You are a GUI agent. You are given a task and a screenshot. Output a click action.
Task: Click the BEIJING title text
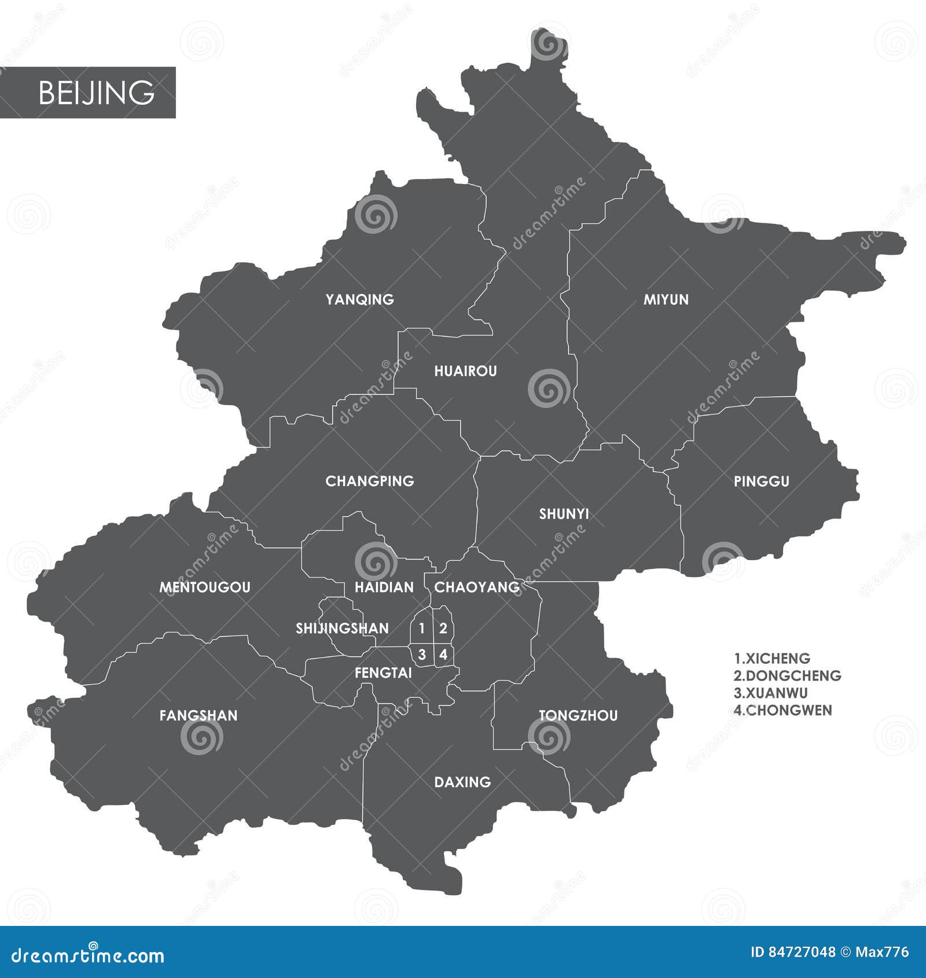[x=96, y=93]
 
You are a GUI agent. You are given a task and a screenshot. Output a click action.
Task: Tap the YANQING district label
[x=359, y=299]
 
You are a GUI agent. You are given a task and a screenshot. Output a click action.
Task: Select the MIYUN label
[x=666, y=299]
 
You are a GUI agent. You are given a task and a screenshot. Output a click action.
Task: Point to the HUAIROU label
[x=465, y=371]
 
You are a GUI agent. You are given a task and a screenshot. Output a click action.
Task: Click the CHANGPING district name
[x=370, y=481]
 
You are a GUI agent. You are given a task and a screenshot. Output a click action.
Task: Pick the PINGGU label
[x=761, y=481]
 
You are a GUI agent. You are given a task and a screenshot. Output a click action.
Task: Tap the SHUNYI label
[x=564, y=514]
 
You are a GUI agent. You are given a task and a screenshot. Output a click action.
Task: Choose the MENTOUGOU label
[x=205, y=587]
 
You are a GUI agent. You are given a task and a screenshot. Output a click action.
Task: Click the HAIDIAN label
[x=384, y=587]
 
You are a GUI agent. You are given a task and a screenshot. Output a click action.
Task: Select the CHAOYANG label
[x=477, y=587]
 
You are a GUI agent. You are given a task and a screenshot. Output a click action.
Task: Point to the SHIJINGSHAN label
[x=342, y=628]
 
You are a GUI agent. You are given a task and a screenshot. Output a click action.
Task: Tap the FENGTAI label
[x=383, y=673]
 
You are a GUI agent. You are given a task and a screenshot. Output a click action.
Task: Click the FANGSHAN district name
[x=199, y=716]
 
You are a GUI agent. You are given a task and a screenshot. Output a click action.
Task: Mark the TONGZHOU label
[x=578, y=716]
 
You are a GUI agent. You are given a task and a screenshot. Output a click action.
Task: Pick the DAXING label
[x=462, y=782]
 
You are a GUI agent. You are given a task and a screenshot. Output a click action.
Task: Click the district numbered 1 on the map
[x=422, y=628]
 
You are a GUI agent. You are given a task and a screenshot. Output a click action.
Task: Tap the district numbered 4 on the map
[x=443, y=655]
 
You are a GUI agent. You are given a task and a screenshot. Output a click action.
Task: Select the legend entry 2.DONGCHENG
[x=787, y=675]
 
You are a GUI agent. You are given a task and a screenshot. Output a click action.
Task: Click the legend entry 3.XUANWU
[x=770, y=693]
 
